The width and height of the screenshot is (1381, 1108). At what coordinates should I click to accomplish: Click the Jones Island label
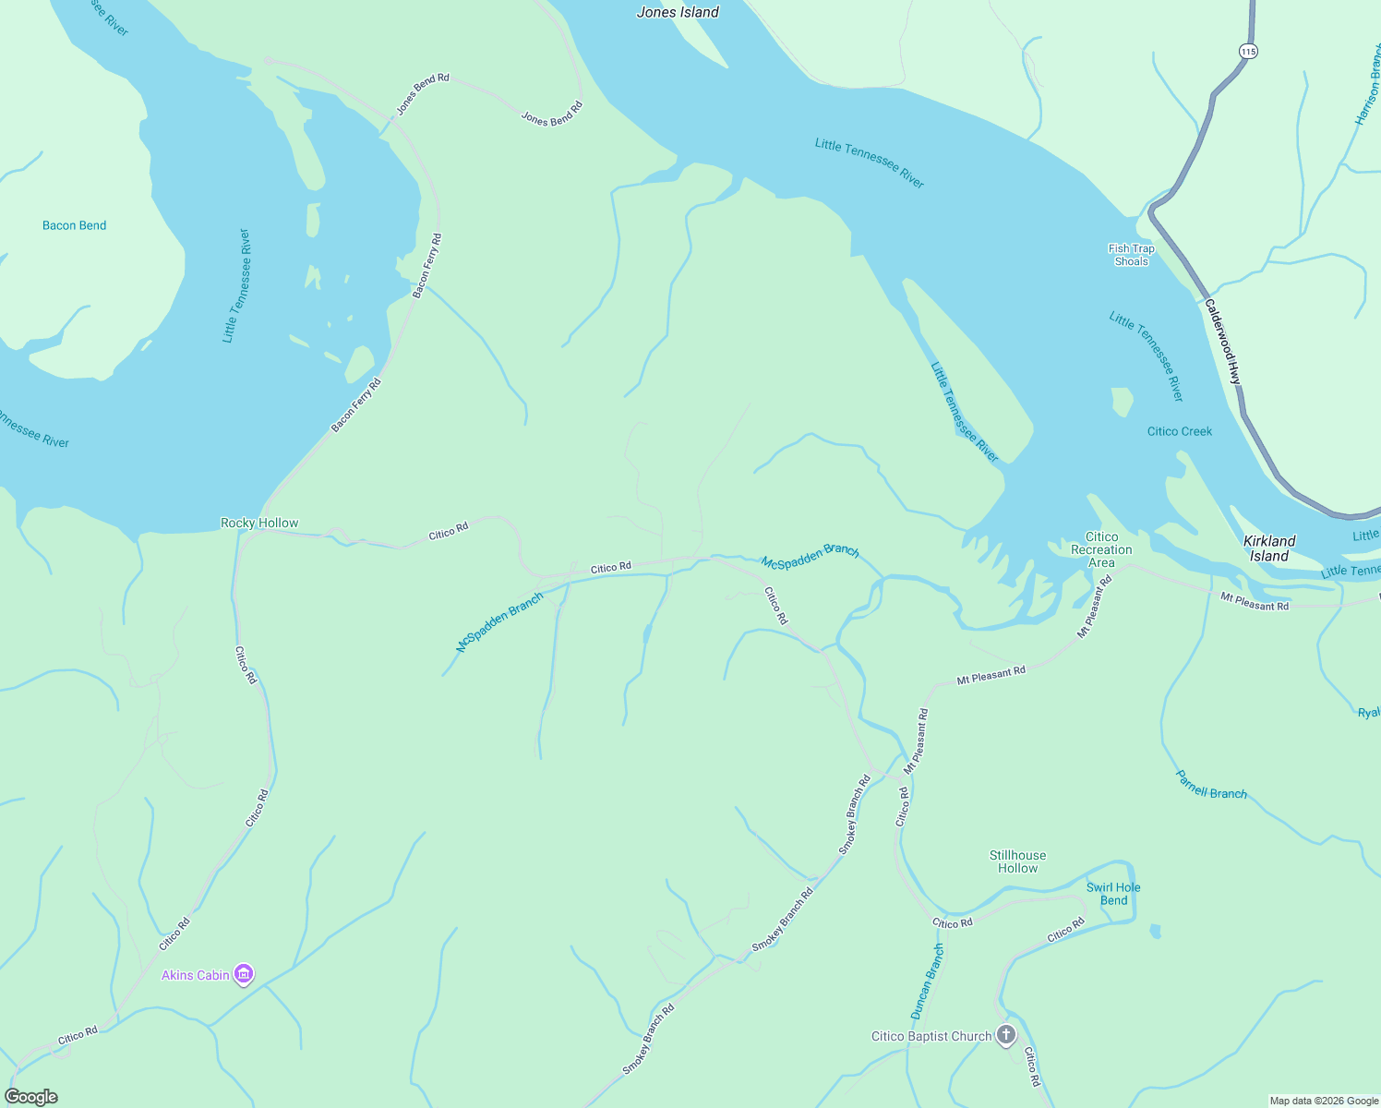coord(678,12)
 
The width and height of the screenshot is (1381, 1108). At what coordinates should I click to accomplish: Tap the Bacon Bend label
coord(74,225)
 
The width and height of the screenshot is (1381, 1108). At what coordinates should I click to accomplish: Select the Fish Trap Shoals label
coord(1131,255)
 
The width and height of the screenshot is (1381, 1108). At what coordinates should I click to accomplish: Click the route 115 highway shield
coord(1248,52)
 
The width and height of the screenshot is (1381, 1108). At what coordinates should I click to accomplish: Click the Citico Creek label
coord(1179,431)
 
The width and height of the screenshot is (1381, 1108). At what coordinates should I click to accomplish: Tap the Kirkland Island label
coord(1269,548)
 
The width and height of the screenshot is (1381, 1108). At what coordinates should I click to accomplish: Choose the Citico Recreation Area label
coord(1101,549)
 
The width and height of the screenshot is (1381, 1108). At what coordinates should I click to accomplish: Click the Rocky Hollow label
coord(259,523)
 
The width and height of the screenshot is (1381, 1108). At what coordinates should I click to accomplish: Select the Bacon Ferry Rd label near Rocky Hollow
coord(356,404)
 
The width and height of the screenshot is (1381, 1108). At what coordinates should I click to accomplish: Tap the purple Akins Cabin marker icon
coord(244,974)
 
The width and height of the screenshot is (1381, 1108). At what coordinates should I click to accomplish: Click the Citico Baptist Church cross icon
coord(1006,1035)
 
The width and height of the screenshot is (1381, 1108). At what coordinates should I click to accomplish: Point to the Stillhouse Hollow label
coord(1017,861)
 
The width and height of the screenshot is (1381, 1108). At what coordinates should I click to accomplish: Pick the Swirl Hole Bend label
coord(1113,894)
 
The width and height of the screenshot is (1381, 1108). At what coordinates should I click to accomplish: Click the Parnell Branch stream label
coord(1211,785)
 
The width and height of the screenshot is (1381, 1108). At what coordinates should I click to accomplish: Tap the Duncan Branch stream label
coord(928,981)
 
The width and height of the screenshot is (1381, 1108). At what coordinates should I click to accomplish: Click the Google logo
coord(31,1097)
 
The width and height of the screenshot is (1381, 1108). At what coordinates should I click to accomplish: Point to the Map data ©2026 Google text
coord(1324,1101)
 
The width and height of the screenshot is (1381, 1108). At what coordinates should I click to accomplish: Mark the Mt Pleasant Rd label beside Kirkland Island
coord(1254,601)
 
